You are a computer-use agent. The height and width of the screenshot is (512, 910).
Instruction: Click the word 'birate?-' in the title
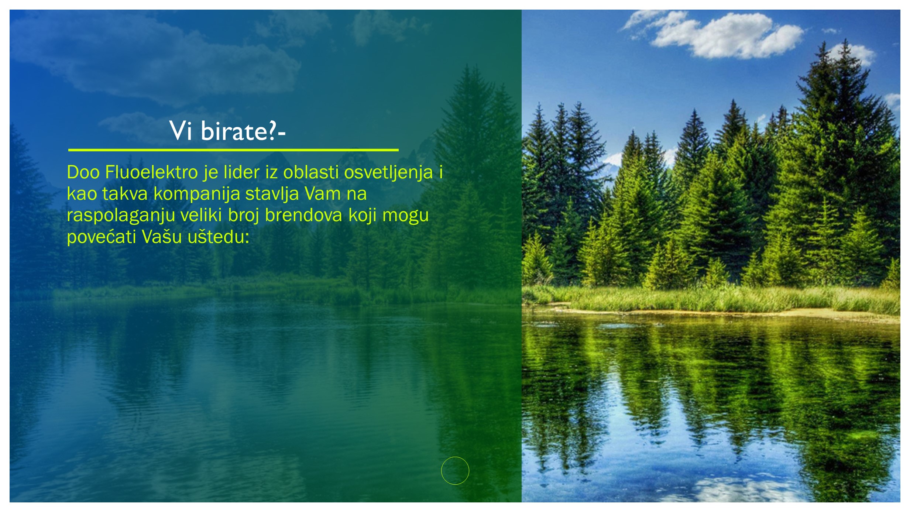(243, 131)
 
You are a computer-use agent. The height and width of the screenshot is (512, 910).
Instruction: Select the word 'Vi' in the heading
(181, 131)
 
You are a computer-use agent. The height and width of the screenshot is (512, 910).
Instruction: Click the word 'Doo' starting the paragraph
(83, 172)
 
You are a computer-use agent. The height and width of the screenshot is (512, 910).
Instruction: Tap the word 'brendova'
(303, 215)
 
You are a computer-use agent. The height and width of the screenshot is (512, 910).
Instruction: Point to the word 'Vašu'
(162, 236)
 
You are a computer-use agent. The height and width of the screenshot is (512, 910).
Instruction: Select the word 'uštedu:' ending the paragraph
(219, 236)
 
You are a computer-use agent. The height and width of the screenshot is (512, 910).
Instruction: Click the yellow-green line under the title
(233, 150)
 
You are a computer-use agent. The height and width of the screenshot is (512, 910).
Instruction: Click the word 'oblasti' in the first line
(311, 172)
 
